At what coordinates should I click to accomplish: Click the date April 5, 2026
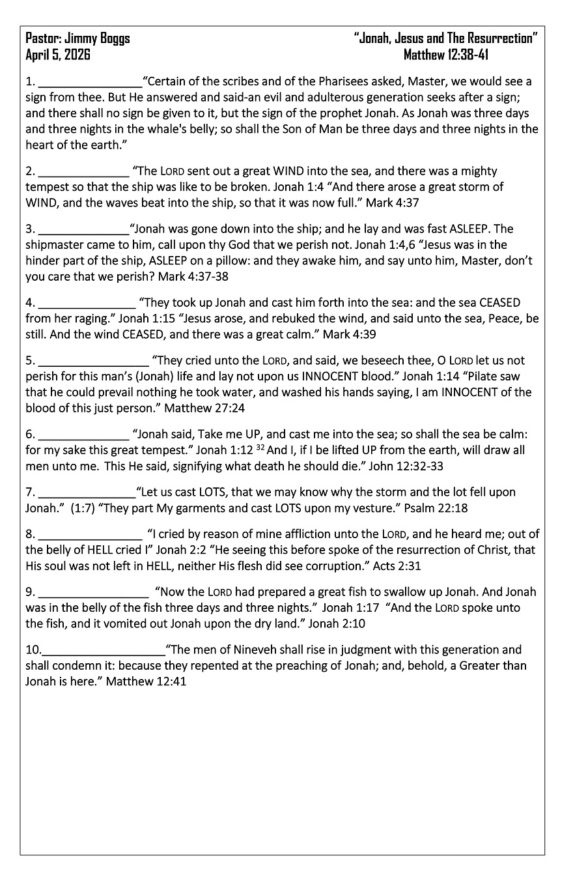tap(58, 55)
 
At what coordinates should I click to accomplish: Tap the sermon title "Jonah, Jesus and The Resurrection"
tap(446, 38)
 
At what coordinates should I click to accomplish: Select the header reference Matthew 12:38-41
tap(446, 55)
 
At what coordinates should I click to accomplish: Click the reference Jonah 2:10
tap(337, 623)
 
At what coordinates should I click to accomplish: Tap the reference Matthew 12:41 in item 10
tap(146, 681)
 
